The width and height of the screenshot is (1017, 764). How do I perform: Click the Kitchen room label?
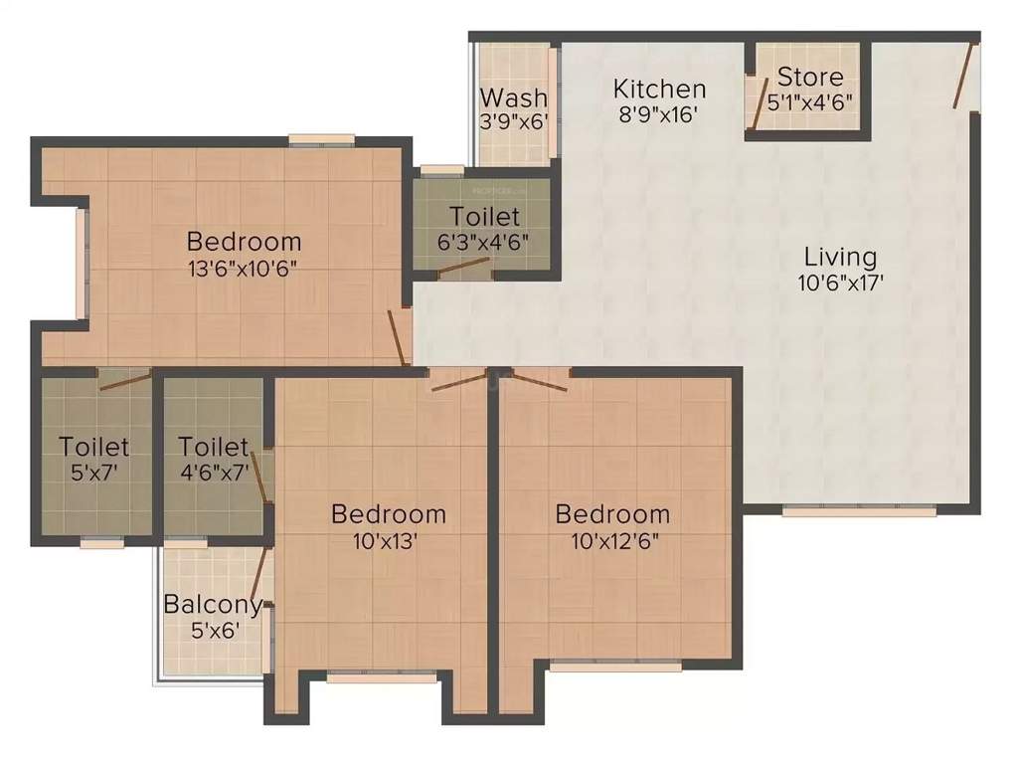coord(659,88)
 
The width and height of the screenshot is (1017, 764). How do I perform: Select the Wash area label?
coord(514,97)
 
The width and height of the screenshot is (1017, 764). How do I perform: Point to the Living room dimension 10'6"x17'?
coord(841,282)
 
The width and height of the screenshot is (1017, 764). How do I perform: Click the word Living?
coord(841,257)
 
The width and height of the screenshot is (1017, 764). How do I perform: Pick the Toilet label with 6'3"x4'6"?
coord(484,216)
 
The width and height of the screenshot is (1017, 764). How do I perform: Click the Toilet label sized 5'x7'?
coord(93,446)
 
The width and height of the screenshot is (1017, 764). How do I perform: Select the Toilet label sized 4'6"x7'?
coord(213,447)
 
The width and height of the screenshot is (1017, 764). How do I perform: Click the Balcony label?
coord(213,604)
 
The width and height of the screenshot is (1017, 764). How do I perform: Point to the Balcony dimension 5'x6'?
coord(215,629)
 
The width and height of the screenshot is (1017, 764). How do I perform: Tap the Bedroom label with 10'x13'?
coord(388,514)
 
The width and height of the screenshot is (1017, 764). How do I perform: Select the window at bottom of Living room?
coord(859,511)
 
